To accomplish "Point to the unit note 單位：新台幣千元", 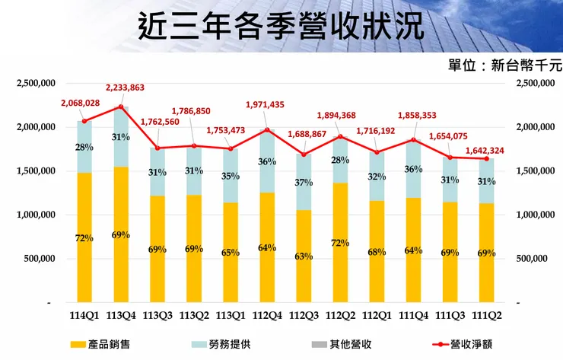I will click(x=504, y=66).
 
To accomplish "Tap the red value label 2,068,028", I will click(x=80, y=104).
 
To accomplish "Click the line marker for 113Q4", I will click(x=121, y=107).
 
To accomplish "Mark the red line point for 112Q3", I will click(x=304, y=155).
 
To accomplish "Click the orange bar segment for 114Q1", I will click(x=84, y=237).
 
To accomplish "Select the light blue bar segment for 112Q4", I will click(x=267, y=161).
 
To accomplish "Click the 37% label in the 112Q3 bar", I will click(x=304, y=183).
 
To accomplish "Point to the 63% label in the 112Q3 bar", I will click(x=304, y=256).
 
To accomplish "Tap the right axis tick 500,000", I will click(x=530, y=259).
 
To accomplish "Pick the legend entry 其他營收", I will click(x=338, y=344).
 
